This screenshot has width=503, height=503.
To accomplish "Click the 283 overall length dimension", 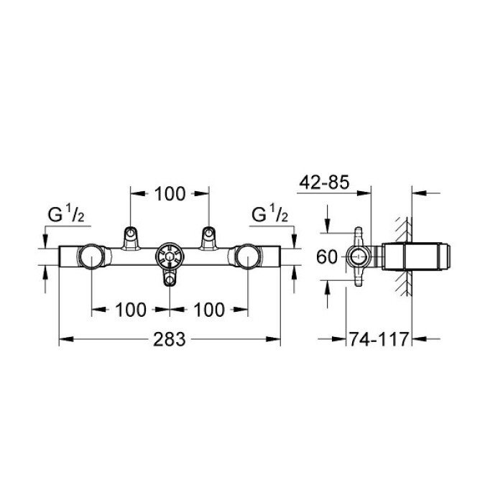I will (169, 338).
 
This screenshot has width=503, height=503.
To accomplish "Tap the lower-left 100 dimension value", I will (130, 310).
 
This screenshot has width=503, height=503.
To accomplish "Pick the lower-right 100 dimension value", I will (208, 310).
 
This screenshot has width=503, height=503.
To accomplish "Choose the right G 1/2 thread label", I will (270, 214).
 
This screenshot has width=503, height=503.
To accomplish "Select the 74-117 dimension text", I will (379, 338).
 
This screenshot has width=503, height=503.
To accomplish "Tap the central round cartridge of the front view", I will (170, 256).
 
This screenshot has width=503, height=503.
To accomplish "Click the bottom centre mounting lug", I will (170, 279).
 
